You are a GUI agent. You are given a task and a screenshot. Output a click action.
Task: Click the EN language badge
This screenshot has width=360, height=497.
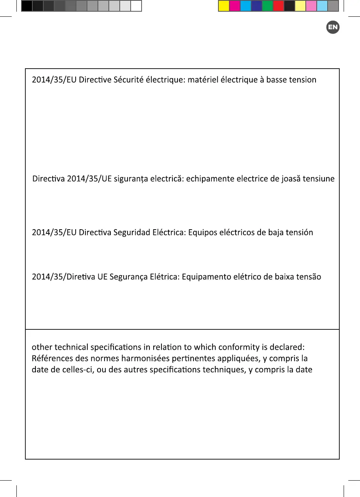(333, 27)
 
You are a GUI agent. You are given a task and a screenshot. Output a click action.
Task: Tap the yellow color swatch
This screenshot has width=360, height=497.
(224, 6)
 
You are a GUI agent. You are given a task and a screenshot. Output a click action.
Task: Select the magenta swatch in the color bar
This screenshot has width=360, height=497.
(235, 6)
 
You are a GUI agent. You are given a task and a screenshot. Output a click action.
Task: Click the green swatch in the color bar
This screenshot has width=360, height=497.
(268, 6)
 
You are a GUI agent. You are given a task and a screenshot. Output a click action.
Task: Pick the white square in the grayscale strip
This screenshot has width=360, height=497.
(136, 6)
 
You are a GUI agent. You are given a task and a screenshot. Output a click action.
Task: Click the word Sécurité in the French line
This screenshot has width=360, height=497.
(129, 80)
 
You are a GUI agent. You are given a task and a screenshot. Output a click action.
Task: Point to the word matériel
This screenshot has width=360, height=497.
(204, 80)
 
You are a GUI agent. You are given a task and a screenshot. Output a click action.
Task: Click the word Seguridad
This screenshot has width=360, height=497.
(130, 233)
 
